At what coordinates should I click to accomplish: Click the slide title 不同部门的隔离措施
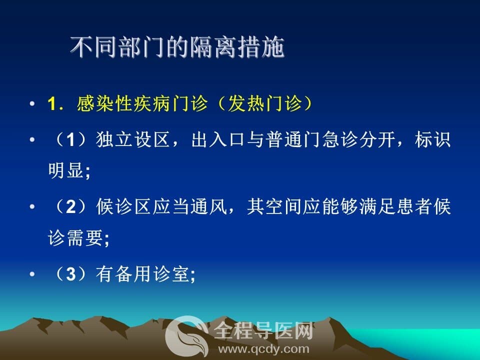pos(177,47)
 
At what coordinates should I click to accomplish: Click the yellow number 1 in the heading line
pos(52,103)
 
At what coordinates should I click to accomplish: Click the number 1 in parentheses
pos(70,140)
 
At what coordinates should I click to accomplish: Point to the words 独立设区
pos(133,139)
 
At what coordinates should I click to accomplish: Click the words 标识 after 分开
pos(432,139)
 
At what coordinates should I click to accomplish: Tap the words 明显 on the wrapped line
pos(66,170)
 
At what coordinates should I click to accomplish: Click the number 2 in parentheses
pos(70,207)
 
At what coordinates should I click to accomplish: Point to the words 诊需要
pos(75,238)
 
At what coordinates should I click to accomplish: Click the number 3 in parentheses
pos(70,274)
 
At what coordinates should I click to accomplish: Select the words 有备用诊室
pos(142,273)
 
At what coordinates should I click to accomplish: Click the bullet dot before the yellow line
pos(32,103)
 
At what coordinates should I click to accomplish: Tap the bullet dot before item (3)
pos(32,274)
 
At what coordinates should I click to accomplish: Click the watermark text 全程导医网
pos(263,330)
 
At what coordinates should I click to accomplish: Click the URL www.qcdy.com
pos(263,349)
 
